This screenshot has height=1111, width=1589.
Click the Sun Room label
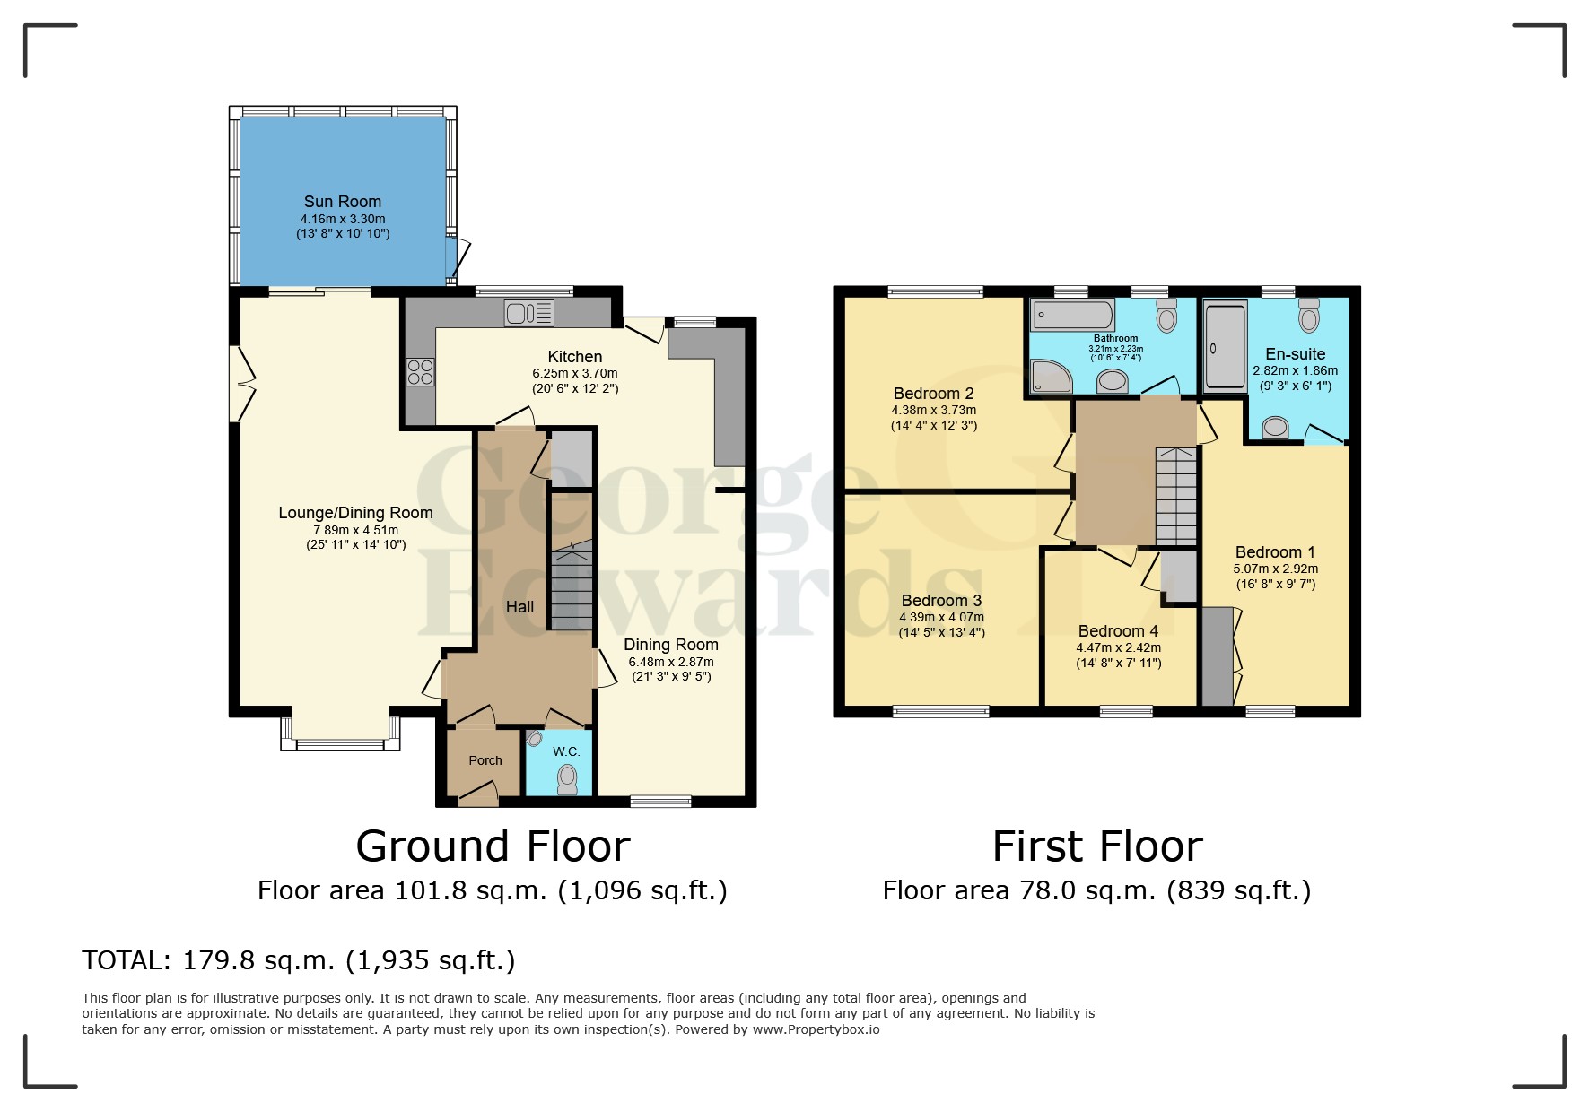click(x=342, y=202)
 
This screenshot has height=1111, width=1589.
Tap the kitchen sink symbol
click(x=529, y=313)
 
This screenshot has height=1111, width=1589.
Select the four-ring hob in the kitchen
click(x=420, y=371)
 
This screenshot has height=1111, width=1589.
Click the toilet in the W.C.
click(x=567, y=778)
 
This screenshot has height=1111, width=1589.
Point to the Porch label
click(x=485, y=760)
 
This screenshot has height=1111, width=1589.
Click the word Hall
click(x=519, y=607)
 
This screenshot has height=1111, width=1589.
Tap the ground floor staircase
click(x=572, y=587)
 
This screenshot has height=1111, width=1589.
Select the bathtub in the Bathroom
click(x=1073, y=315)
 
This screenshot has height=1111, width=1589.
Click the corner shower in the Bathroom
click(x=1051, y=377)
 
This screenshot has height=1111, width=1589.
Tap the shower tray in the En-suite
click(x=1225, y=347)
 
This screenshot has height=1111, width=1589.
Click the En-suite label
click(x=1295, y=354)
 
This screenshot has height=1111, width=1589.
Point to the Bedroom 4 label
click(x=1118, y=631)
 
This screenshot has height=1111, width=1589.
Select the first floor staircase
click(x=1175, y=495)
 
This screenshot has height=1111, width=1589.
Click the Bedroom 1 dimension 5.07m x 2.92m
click(x=1275, y=569)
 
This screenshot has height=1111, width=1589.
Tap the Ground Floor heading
click(x=493, y=846)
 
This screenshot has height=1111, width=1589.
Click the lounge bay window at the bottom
click(x=341, y=743)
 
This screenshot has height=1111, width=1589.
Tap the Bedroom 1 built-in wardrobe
click(x=1217, y=656)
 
